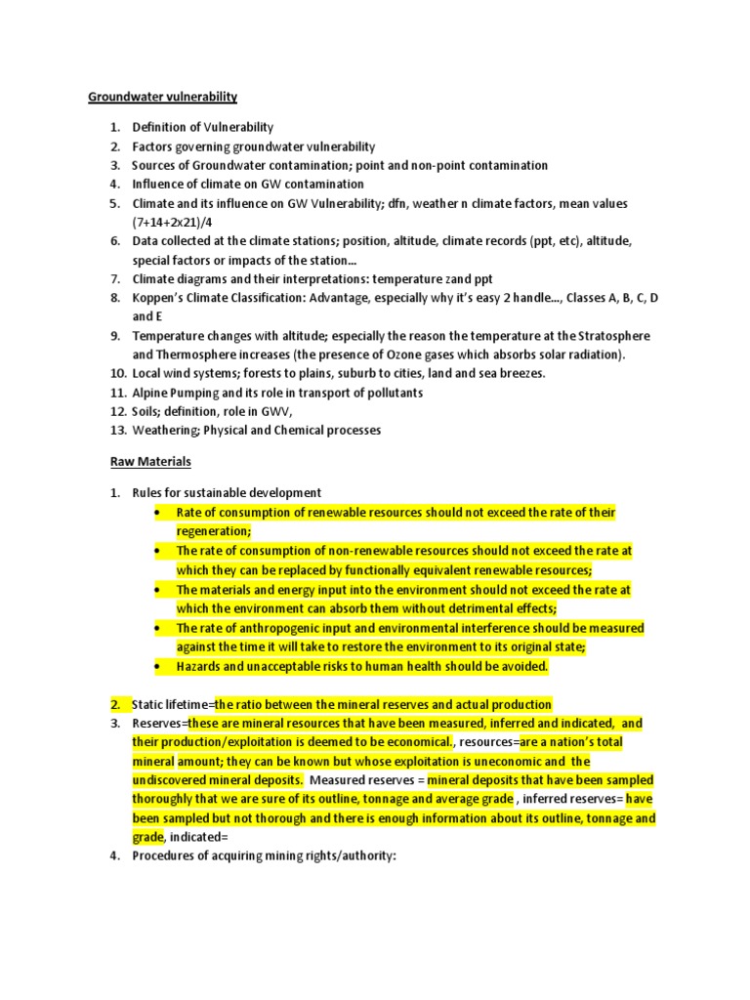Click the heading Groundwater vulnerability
pyautogui.click(x=163, y=97)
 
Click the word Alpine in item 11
pyautogui.click(x=150, y=393)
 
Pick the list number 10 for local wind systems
pyautogui.click(x=116, y=374)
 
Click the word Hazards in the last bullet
pyautogui.click(x=199, y=666)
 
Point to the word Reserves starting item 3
pyautogui.click(x=158, y=724)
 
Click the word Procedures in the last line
pyautogui.click(x=165, y=856)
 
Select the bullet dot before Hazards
pyautogui.click(x=157, y=667)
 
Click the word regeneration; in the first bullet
pyautogui.click(x=214, y=531)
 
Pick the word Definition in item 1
pyautogui.click(x=159, y=127)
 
